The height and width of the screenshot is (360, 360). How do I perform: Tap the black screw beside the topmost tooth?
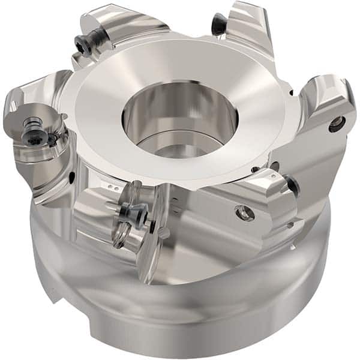click(x=220, y=25)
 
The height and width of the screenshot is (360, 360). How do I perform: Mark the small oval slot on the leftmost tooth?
click(x=72, y=177)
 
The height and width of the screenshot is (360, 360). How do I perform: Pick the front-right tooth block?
click(x=264, y=198)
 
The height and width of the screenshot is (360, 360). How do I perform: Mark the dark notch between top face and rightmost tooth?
click(x=292, y=93)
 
